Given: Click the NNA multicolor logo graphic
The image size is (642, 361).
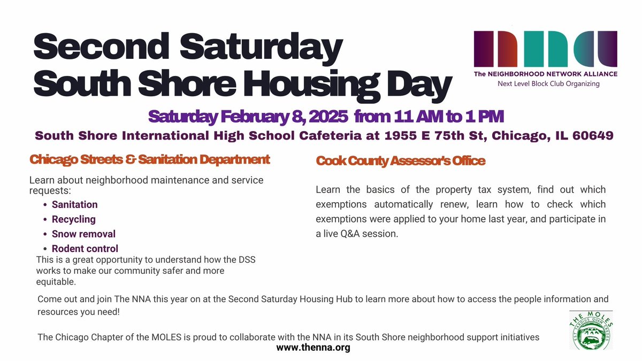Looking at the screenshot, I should click(x=545, y=49).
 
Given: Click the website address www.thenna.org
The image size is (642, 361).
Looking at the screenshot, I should click(x=313, y=348).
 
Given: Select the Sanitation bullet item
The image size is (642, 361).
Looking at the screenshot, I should click(x=74, y=204).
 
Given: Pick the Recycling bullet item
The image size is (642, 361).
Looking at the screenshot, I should click(x=73, y=219).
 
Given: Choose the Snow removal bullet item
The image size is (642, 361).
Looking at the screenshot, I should click(x=83, y=234).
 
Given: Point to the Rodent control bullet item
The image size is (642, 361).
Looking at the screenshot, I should click(x=85, y=249).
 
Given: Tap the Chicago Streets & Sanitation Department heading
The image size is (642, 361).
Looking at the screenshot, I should click(x=150, y=159).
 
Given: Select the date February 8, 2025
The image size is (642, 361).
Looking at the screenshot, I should click(x=277, y=116).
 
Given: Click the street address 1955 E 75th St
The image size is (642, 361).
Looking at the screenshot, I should click(x=426, y=135).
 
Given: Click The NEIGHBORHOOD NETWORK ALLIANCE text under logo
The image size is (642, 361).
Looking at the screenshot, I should click(x=545, y=74).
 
